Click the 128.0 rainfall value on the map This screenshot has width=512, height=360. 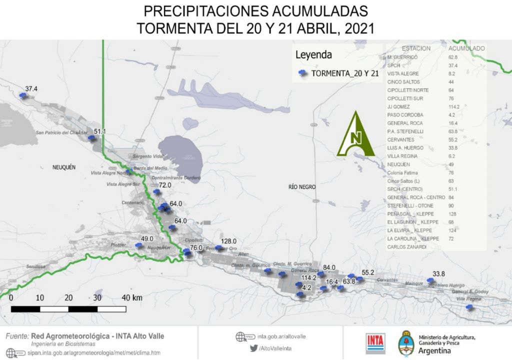point(228,241)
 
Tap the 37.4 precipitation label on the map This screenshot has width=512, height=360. point(31,89)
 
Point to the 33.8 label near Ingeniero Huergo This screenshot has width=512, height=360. point(438,274)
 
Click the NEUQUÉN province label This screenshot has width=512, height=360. point(63,168)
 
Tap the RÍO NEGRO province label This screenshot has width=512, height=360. point(302,187)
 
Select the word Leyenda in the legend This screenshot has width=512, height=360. point(313,54)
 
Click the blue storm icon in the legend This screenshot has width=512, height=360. point(302,73)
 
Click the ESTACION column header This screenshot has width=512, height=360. point(416,48)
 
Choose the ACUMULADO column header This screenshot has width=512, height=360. point(466,48)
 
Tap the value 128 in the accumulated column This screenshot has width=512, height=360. point(453,214)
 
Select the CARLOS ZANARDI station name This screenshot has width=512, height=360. point(406,247)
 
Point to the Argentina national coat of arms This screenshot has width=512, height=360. point(404,342)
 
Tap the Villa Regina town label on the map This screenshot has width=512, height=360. point(469,299)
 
